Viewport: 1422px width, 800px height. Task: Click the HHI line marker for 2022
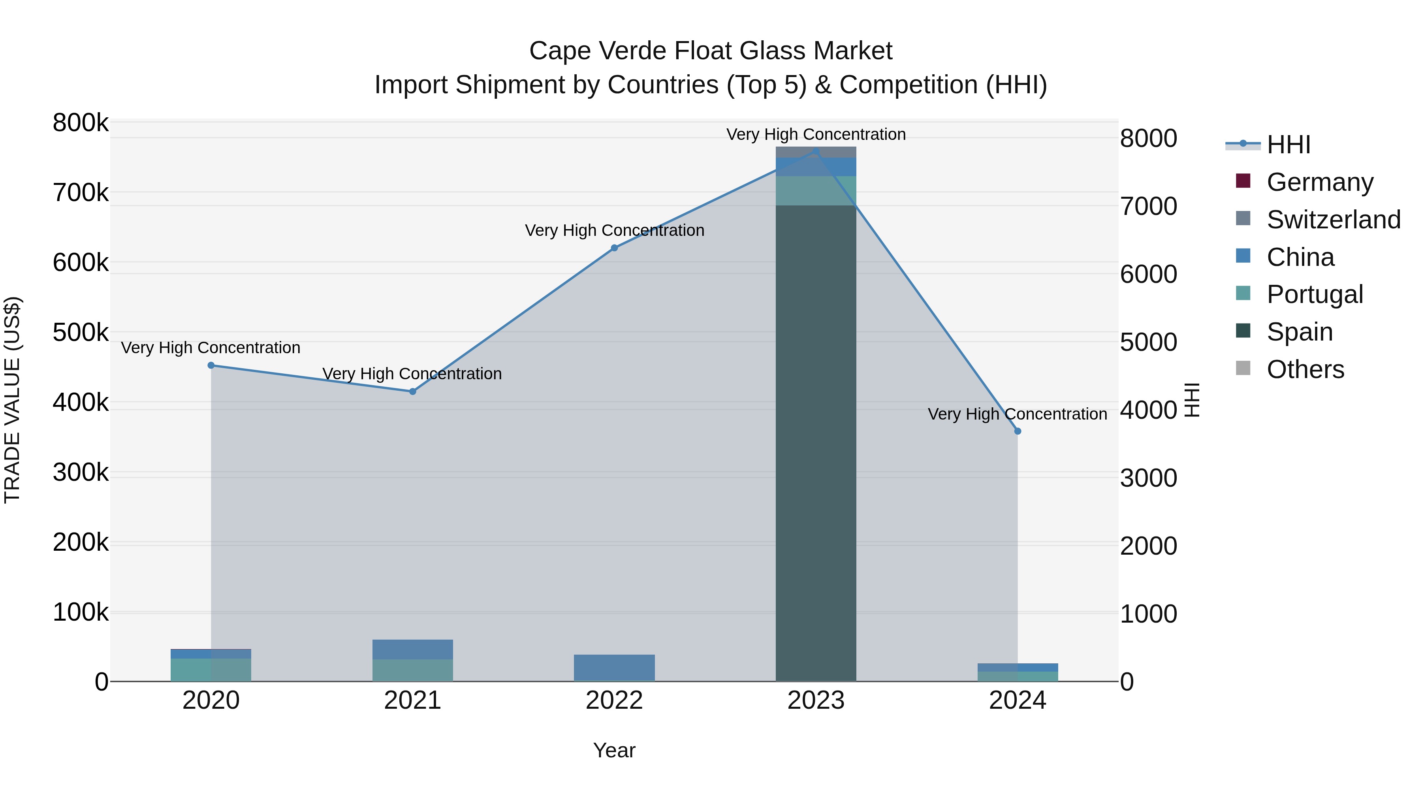614,248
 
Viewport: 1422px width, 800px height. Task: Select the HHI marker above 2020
211,365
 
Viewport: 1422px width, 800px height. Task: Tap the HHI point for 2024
1018,431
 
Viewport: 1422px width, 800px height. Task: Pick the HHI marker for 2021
412,392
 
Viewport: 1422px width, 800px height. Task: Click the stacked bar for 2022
614,668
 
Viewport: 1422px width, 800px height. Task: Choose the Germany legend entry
1319,182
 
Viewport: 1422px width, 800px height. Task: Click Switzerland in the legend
1333,220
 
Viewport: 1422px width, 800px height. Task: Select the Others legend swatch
1243,368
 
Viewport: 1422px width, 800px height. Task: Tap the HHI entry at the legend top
1288,145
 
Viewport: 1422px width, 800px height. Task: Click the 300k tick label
81,472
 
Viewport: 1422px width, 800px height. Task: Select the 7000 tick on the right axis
1148,207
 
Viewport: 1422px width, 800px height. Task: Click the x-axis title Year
614,750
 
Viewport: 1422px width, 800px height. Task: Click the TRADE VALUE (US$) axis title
12,400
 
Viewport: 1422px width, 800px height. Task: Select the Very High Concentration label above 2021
412,374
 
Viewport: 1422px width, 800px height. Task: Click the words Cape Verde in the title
598,51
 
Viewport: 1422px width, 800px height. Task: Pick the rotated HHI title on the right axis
1193,400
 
